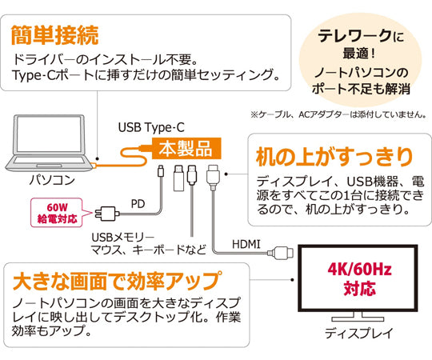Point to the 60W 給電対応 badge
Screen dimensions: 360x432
coord(62,211)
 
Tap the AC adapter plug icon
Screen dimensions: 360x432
coord(106,214)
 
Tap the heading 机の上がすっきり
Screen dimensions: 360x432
coord(334,154)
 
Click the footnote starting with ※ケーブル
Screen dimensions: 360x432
coord(337,114)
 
